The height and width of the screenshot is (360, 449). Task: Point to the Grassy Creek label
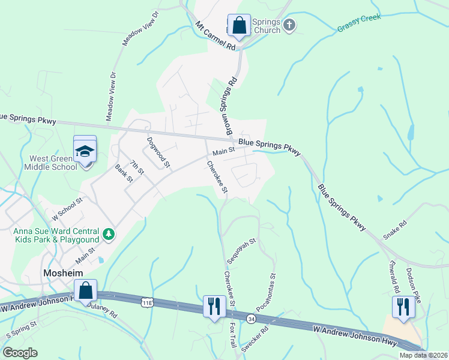pos(359,23)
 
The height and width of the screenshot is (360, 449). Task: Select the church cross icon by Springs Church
pos(289,25)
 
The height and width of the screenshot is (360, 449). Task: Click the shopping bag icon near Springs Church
pos(238,26)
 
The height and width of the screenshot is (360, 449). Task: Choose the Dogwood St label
pos(159,152)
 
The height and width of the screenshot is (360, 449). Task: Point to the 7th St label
pos(137,167)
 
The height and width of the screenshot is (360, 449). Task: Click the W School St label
pos(67,209)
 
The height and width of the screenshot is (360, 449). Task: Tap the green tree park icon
pos(109,233)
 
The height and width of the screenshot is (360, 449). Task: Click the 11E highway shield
pos(147,303)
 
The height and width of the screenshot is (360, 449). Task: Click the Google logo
pos(20,353)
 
